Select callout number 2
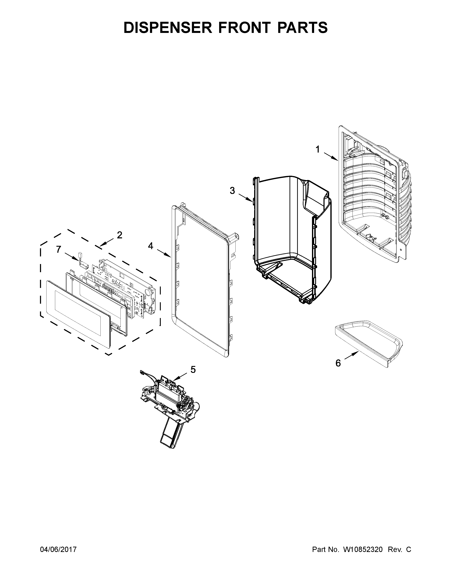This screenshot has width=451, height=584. click(119, 235)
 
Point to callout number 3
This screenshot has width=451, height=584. click(232, 191)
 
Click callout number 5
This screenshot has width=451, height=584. click(193, 370)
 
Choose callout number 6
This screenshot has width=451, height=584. click(338, 363)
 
